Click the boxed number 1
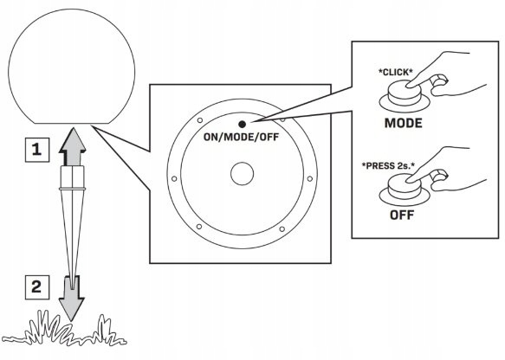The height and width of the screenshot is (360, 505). click(x=37, y=150)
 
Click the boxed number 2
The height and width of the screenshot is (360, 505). click(x=37, y=287)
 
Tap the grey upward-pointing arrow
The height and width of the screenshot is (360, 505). click(x=73, y=146)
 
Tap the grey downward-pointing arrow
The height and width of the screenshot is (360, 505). click(x=72, y=299)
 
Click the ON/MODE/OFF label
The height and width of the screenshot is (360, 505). click(x=241, y=137)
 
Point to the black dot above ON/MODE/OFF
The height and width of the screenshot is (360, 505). click(x=243, y=124)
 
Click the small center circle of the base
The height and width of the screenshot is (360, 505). click(x=243, y=174)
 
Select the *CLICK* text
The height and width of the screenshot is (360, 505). click(x=396, y=73)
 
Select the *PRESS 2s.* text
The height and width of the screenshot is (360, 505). click(x=388, y=166)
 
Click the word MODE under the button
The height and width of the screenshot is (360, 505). click(x=404, y=123)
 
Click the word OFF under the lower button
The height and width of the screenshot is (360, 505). click(x=402, y=215)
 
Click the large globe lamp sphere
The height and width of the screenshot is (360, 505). click(x=72, y=66)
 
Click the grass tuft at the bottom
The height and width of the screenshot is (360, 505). click(x=64, y=330)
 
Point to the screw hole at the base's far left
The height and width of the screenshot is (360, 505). click(x=174, y=178)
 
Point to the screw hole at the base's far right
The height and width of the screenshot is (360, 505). click(x=310, y=178)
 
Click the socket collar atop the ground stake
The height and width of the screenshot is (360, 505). click(x=73, y=177)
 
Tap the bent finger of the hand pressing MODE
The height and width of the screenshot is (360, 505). click(x=439, y=80)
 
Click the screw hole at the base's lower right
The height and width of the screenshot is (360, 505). click(x=282, y=229)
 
